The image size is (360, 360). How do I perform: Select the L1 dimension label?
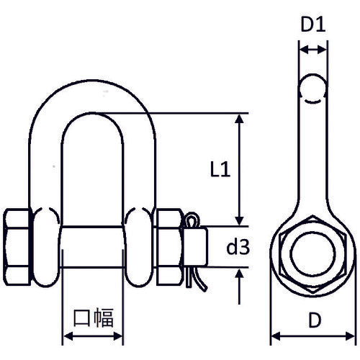(x=220, y=170)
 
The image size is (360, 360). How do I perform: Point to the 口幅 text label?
(x=91, y=318)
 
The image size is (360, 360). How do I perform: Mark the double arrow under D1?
(x=312, y=50)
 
